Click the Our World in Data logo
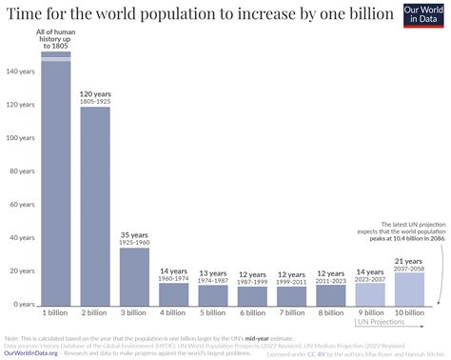point(422,17)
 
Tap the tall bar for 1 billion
point(55,181)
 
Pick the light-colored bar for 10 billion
point(409,287)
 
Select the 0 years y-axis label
point(20,304)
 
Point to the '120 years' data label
point(95,97)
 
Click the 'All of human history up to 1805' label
point(55,40)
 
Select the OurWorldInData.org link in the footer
point(31,352)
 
